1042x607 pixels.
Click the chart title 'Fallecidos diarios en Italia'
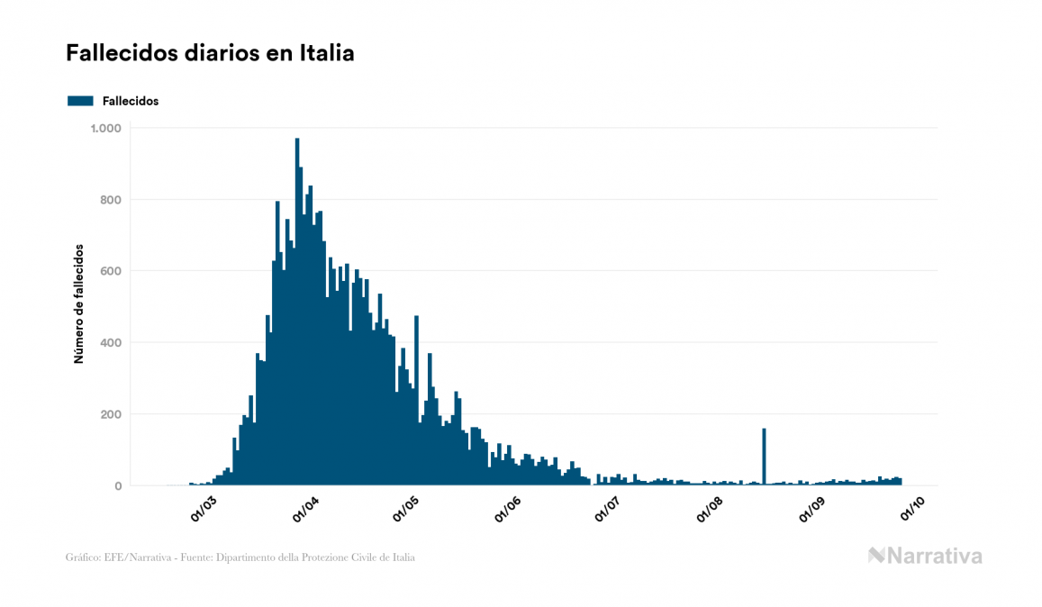[x=210, y=53]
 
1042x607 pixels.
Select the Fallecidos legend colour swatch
[x=80, y=101]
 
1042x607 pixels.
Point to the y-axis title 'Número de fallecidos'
[x=78, y=303]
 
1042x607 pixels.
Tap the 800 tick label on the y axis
[x=110, y=200]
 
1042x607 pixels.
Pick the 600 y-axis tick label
[x=110, y=271]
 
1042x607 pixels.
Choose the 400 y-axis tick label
[x=110, y=343]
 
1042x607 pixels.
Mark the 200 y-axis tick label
[x=110, y=414]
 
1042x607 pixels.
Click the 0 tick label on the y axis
[x=117, y=486]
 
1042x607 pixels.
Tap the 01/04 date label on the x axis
[x=306, y=508]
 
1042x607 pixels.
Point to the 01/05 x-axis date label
[x=406, y=508]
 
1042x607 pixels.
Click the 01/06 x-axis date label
[x=508, y=508]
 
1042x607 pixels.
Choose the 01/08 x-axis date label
[x=711, y=508]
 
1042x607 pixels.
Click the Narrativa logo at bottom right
[x=925, y=556]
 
